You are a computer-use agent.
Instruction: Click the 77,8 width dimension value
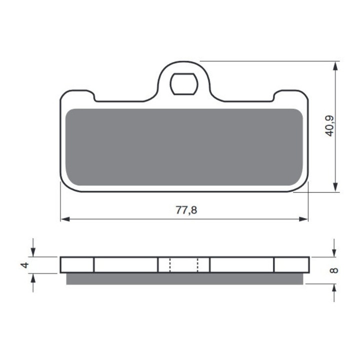(x=186, y=210)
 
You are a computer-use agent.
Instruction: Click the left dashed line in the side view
(x=170, y=265)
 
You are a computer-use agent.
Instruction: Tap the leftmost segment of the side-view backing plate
(x=77, y=265)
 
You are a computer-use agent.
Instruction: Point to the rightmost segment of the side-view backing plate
(x=291, y=265)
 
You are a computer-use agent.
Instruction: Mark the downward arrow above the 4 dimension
(x=33, y=252)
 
